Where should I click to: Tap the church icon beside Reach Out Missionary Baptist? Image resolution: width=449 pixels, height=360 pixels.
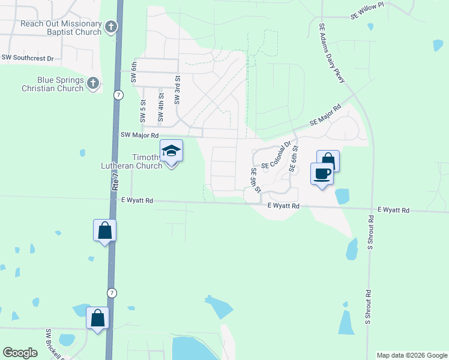(x=111, y=27)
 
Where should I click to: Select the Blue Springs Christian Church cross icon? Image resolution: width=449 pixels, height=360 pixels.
(x=93, y=83)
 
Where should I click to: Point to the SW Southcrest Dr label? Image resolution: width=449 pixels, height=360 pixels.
(x=28, y=58)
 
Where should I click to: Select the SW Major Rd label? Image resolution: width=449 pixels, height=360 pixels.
(x=139, y=136)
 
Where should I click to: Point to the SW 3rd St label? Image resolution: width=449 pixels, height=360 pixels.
(x=178, y=90)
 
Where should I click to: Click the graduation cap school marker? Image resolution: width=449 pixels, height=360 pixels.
(x=171, y=151)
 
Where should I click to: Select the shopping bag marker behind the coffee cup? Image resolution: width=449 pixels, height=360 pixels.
(x=330, y=158)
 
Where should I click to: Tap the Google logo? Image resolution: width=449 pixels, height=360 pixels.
(x=20, y=353)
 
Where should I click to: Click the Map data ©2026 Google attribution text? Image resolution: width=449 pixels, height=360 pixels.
(x=412, y=355)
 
